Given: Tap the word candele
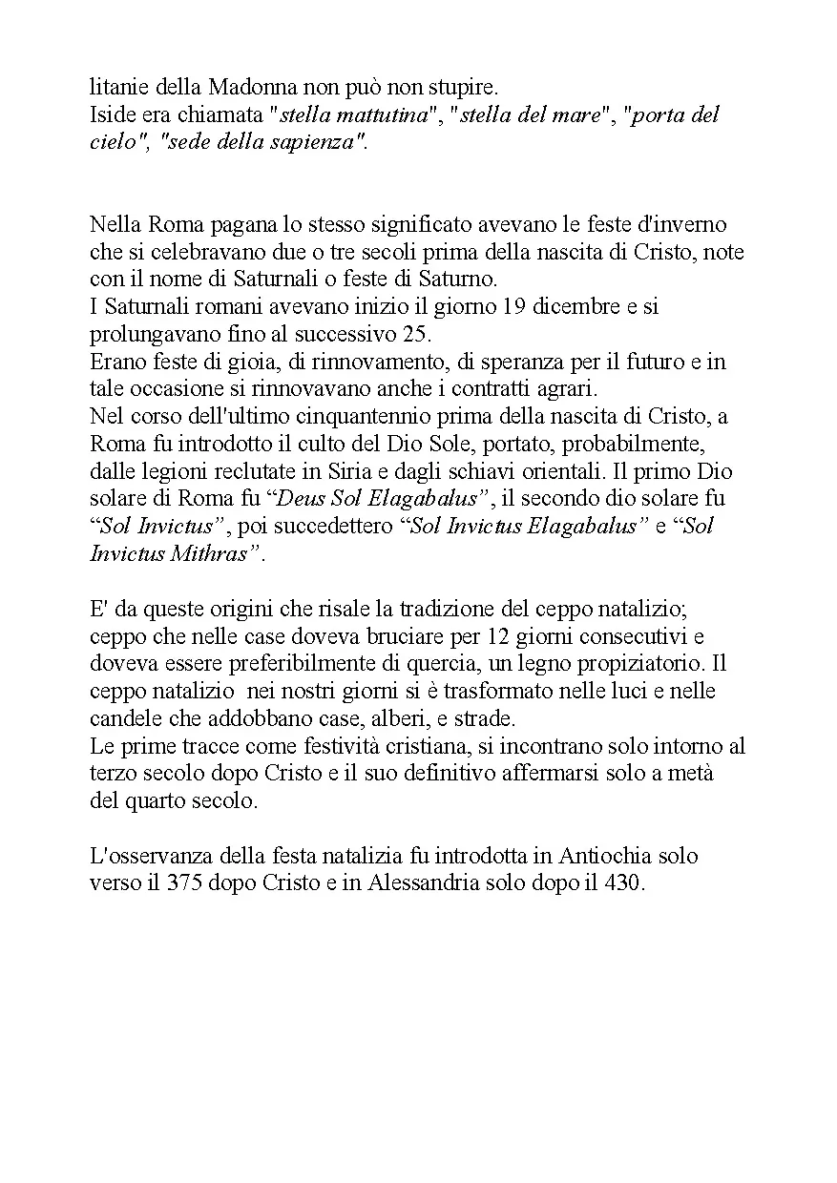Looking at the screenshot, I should pyautogui.click(x=124, y=717).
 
